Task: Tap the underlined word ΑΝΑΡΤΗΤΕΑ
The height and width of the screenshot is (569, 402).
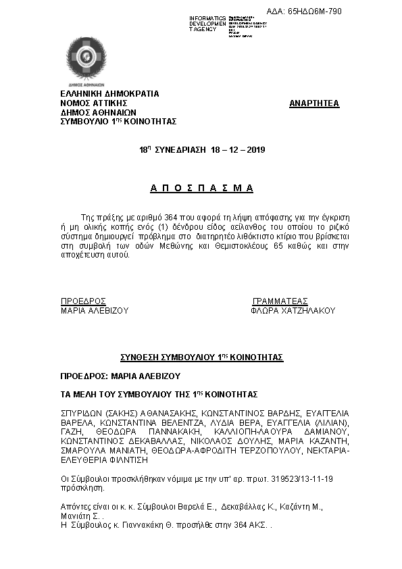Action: point(314,103)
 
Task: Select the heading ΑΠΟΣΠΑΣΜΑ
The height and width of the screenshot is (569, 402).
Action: point(201,188)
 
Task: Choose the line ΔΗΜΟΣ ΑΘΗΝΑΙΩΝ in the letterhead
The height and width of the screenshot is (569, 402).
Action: point(99,112)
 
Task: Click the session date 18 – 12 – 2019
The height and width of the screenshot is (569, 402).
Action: point(238,148)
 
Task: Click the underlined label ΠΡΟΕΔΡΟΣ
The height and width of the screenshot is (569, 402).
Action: point(83,301)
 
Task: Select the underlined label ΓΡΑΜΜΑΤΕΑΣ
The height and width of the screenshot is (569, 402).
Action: point(280,301)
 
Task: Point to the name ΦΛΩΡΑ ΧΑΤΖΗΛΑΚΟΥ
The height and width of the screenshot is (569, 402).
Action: point(292,311)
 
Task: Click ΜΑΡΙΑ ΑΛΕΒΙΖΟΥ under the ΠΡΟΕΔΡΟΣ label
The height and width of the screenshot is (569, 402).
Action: point(95,311)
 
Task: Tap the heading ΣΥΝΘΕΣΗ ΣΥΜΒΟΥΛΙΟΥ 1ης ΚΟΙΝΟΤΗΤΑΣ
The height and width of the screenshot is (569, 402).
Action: point(201,356)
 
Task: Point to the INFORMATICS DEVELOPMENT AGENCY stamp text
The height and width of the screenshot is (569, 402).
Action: point(208,24)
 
